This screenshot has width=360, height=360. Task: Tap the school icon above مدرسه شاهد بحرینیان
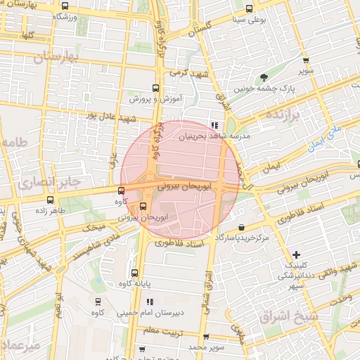pyautogui.click(x=214, y=125)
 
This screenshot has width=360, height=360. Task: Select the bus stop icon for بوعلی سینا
pyautogui.click(x=250, y=8)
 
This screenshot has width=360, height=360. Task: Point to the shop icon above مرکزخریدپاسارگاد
pyautogui.click(x=242, y=227)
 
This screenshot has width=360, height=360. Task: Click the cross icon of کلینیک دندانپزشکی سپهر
pyautogui.click(x=296, y=254)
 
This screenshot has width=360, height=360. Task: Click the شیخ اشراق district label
pyautogui.click(x=289, y=316)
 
